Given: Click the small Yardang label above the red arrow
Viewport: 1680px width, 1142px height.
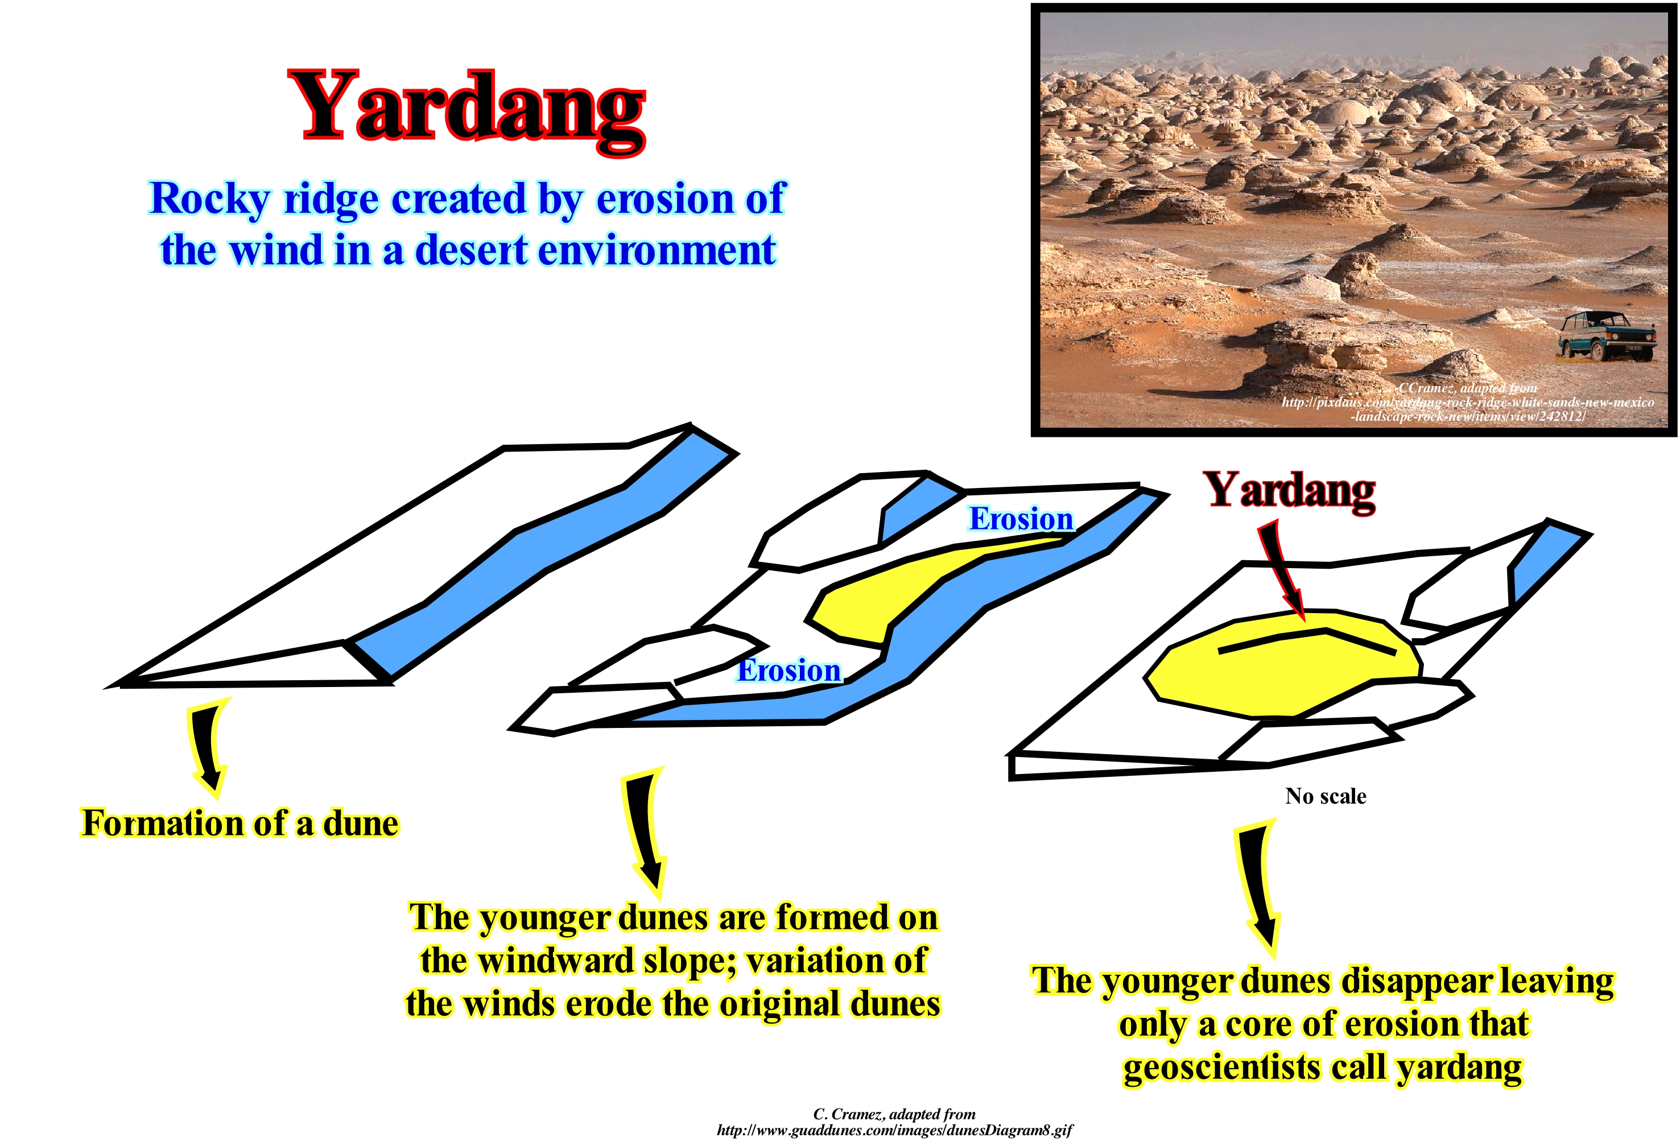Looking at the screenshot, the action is click(1290, 491).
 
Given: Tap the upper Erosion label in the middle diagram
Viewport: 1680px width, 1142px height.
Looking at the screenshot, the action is click(1021, 519).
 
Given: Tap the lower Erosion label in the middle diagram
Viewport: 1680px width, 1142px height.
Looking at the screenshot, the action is click(789, 670).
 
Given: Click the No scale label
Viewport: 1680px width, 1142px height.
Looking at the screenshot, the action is click(1326, 796).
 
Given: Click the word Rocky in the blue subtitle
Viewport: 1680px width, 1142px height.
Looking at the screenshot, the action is click(209, 200).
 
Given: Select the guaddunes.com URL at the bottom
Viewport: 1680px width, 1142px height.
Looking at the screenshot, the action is click(894, 1129).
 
